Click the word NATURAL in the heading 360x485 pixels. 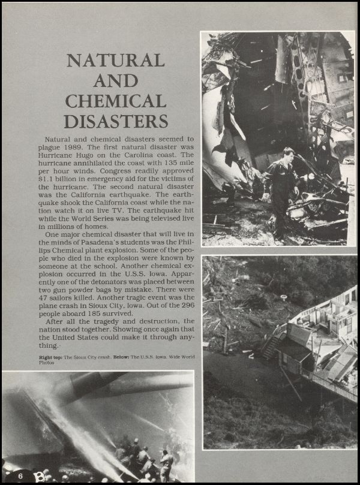(x=115, y=61)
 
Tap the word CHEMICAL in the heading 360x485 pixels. (x=115, y=101)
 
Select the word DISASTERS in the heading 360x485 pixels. (x=115, y=121)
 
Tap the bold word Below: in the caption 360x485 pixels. (x=131, y=357)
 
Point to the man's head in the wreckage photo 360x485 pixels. (x=289, y=153)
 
